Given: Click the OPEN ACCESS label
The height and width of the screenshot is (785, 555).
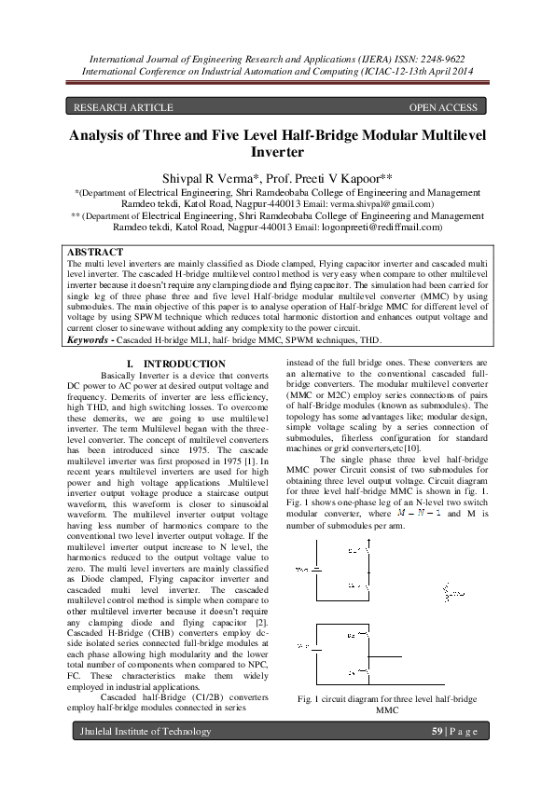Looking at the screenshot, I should (443, 107).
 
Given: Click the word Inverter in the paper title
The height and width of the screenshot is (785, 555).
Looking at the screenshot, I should (278, 151).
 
